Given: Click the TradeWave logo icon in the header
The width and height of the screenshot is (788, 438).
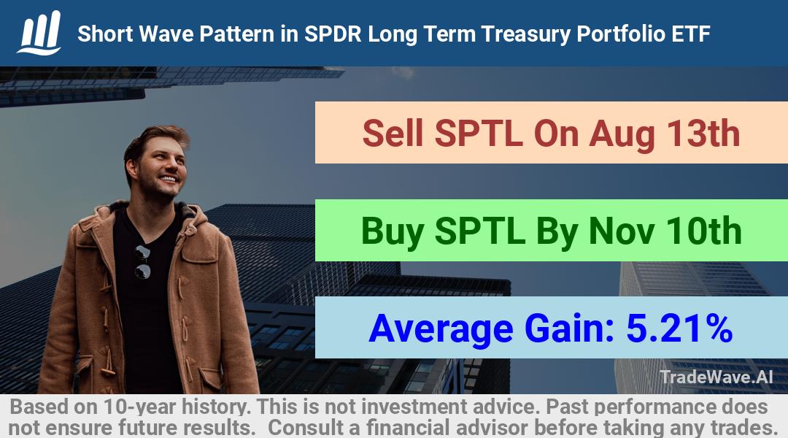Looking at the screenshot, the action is click(x=39, y=32).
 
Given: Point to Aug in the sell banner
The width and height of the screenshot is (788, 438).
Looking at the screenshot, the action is click(x=622, y=136).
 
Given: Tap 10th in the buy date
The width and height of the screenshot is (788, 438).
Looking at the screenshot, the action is click(x=703, y=231).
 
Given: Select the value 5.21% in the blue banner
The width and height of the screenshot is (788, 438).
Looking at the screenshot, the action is click(x=679, y=328).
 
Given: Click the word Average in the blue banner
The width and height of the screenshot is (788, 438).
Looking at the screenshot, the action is click(x=441, y=330).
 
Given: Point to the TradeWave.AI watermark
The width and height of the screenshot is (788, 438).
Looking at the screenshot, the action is click(x=716, y=377).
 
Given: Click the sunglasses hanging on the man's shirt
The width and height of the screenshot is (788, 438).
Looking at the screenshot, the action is click(x=142, y=261).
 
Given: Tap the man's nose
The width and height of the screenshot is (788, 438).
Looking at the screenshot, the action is click(x=170, y=166).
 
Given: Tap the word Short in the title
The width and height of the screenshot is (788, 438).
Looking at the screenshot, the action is click(x=105, y=34).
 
